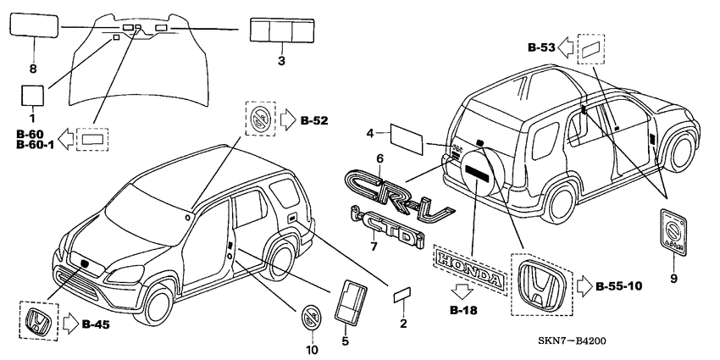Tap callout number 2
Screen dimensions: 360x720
(403, 324)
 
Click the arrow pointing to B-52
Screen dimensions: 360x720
(286, 119)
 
